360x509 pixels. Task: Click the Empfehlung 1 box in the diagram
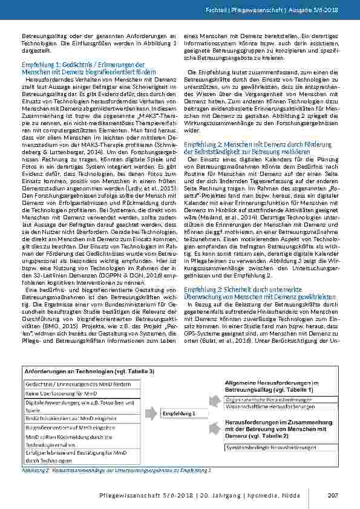pyautogui.click(x=178, y=413)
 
